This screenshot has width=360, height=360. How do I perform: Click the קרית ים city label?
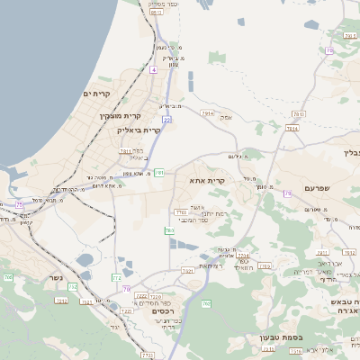click(x=95, y=94)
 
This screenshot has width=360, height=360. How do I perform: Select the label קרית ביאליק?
click(x=138, y=130)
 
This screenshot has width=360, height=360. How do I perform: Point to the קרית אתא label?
click(x=206, y=181)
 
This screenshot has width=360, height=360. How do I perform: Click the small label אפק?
click(x=225, y=116)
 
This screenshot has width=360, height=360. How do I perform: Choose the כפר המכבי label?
click(x=193, y=220)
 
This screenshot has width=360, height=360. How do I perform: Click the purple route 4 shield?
click(x=154, y=69)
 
